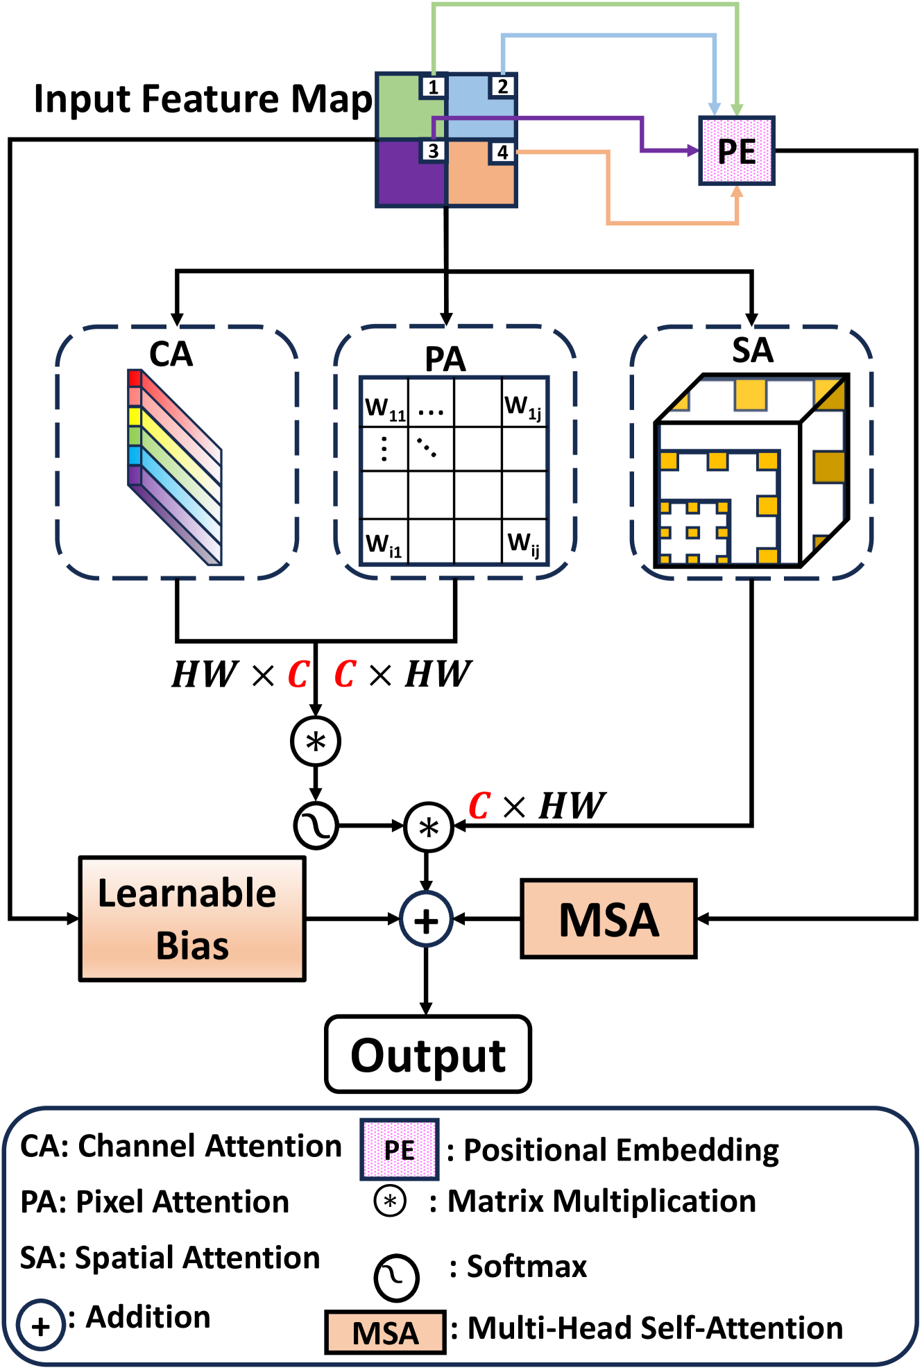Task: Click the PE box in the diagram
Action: coord(737,151)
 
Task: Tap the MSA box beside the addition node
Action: coord(608,919)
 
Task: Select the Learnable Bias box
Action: coord(192,919)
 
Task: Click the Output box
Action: coord(428,1054)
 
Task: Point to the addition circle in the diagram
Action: coord(426,921)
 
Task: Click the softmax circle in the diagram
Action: coord(316,825)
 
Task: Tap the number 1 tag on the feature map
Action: coord(433,87)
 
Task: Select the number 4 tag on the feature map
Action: coord(502,152)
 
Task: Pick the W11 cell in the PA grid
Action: coord(384,402)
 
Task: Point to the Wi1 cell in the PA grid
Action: coord(384,541)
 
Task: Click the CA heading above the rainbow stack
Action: coord(171,354)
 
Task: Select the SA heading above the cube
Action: coord(753,350)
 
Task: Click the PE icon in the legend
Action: coord(399,1149)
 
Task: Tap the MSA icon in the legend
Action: coord(385,1332)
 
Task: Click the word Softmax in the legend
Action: coord(527,1267)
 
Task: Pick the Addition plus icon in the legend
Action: coord(41,1325)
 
